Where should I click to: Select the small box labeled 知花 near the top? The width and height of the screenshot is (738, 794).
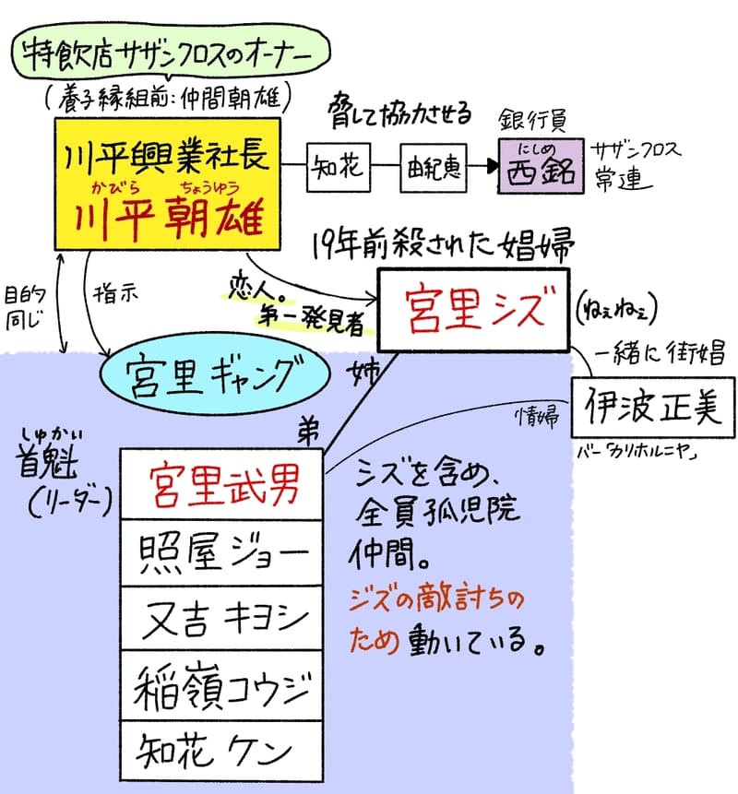pyautogui.click(x=338, y=169)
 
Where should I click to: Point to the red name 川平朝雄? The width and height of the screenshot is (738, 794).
pyautogui.click(x=172, y=219)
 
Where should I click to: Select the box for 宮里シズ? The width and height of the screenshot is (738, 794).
pyautogui.click(x=473, y=307)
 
